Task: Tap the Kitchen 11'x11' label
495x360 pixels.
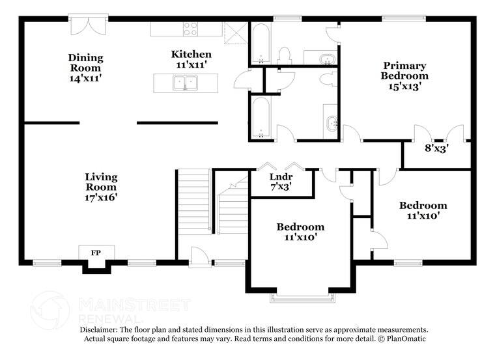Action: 191,59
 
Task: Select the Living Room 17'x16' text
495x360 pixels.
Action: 101,186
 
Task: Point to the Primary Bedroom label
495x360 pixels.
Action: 404,76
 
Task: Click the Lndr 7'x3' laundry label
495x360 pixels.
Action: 281,181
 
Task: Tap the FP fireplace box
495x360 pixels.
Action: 96,253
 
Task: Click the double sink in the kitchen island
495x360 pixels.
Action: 186,83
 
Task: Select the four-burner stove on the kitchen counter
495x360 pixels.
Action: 190,29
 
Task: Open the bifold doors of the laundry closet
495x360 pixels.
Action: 281,167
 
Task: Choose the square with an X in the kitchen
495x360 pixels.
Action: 232,31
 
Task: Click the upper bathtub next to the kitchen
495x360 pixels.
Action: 260,44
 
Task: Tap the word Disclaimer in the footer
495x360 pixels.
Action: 102,330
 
